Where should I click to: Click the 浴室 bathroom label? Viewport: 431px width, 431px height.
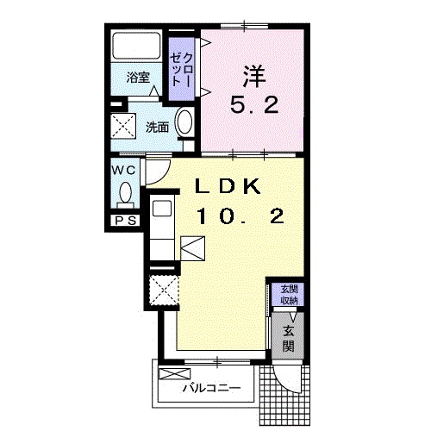coord(138,77)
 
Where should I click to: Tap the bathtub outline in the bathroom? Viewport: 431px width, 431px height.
coord(136,46)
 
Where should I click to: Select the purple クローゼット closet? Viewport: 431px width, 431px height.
coord(181,69)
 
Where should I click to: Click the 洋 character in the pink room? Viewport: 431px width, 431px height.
coord(254,77)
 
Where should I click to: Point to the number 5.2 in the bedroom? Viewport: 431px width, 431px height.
coord(254,105)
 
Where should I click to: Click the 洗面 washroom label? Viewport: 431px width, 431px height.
coord(157,128)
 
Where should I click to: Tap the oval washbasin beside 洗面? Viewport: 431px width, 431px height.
coord(184,122)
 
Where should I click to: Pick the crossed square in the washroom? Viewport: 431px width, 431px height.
coord(123,126)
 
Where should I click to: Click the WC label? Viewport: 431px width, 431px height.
coord(123,171)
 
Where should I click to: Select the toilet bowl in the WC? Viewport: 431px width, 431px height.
coord(125,192)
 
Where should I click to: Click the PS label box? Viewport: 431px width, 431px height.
coord(126,221)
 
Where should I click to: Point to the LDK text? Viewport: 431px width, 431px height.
coord(228,186)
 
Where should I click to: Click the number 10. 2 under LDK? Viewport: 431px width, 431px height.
coord(240,216)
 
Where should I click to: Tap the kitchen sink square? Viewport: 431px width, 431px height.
coord(162,209)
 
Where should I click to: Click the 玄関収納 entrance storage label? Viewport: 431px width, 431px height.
coord(289,295)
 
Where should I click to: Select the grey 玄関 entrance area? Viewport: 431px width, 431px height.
coord(288,335)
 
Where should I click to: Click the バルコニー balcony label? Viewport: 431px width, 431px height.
coord(212,389)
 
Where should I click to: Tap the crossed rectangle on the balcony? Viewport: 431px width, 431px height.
coord(174,374)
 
